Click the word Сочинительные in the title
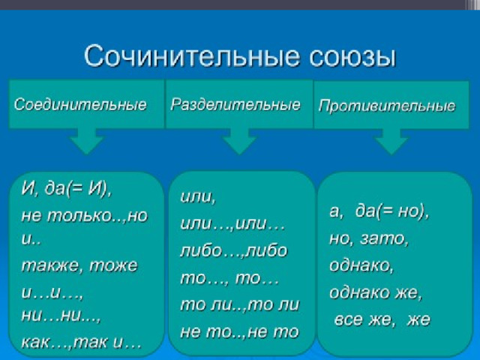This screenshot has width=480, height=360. (x=191, y=56)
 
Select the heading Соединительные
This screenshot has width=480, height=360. (x=80, y=105)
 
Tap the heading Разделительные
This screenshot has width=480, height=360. (x=235, y=104)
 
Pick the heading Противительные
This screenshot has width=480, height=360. (x=387, y=106)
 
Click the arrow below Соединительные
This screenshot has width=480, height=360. (x=87, y=141)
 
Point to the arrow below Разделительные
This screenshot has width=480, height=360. (x=239, y=141)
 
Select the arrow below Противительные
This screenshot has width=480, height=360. (x=391, y=142)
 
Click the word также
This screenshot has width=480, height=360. (x=52, y=265)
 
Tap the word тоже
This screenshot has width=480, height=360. (x=113, y=265)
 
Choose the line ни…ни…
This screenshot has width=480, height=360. (x=61, y=316)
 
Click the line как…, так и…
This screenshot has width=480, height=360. (x=81, y=342)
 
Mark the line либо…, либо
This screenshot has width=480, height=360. (x=234, y=250)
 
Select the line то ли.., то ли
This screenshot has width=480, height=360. (x=239, y=304)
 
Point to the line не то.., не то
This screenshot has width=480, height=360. (x=239, y=331)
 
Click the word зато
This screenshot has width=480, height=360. (x=384, y=239)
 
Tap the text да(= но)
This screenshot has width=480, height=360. (x=392, y=211)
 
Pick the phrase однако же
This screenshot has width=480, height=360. (x=376, y=292)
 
